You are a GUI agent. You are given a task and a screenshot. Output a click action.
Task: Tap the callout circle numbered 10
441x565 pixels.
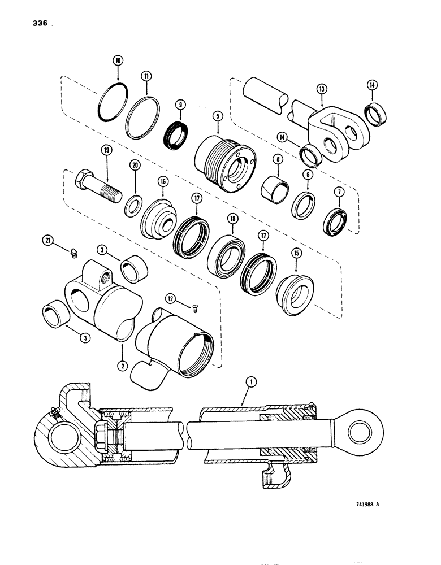tap(117, 60)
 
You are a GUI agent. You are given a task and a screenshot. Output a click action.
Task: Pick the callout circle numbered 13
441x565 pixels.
tap(321, 88)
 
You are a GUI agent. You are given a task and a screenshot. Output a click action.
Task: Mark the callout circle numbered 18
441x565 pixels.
tap(233, 218)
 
